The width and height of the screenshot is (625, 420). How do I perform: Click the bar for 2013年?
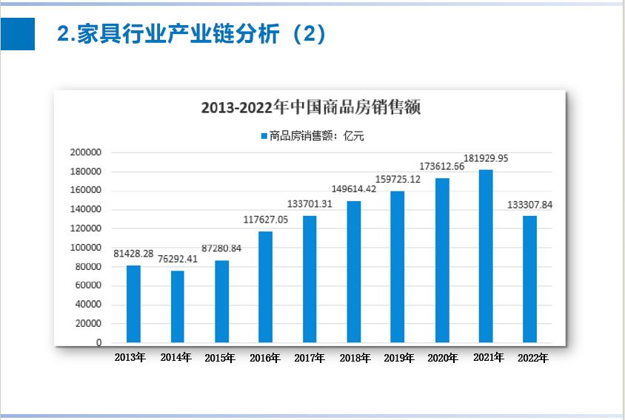[x=133, y=304]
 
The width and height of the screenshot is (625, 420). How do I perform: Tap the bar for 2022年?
[x=529, y=279]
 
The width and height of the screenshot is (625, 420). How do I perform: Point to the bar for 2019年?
[x=398, y=267]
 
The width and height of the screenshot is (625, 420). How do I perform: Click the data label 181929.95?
[x=486, y=158]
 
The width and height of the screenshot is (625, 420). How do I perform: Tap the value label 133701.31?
[x=310, y=204]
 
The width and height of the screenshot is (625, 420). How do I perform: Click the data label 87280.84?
[x=221, y=248]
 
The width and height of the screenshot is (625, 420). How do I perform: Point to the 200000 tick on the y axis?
[x=85, y=152]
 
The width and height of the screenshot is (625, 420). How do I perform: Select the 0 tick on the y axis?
[x=98, y=343]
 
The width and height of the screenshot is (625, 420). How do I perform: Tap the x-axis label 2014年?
[x=176, y=358]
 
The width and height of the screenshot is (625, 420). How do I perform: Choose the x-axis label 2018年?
[x=355, y=359]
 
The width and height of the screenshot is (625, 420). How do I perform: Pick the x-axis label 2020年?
[x=443, y=359]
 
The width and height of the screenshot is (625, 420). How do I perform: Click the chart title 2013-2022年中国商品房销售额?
[x=311, y=107]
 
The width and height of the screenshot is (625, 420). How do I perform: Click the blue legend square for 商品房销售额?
[x=263, y=136]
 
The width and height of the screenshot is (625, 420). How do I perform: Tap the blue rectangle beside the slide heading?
[x=18, y=34]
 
